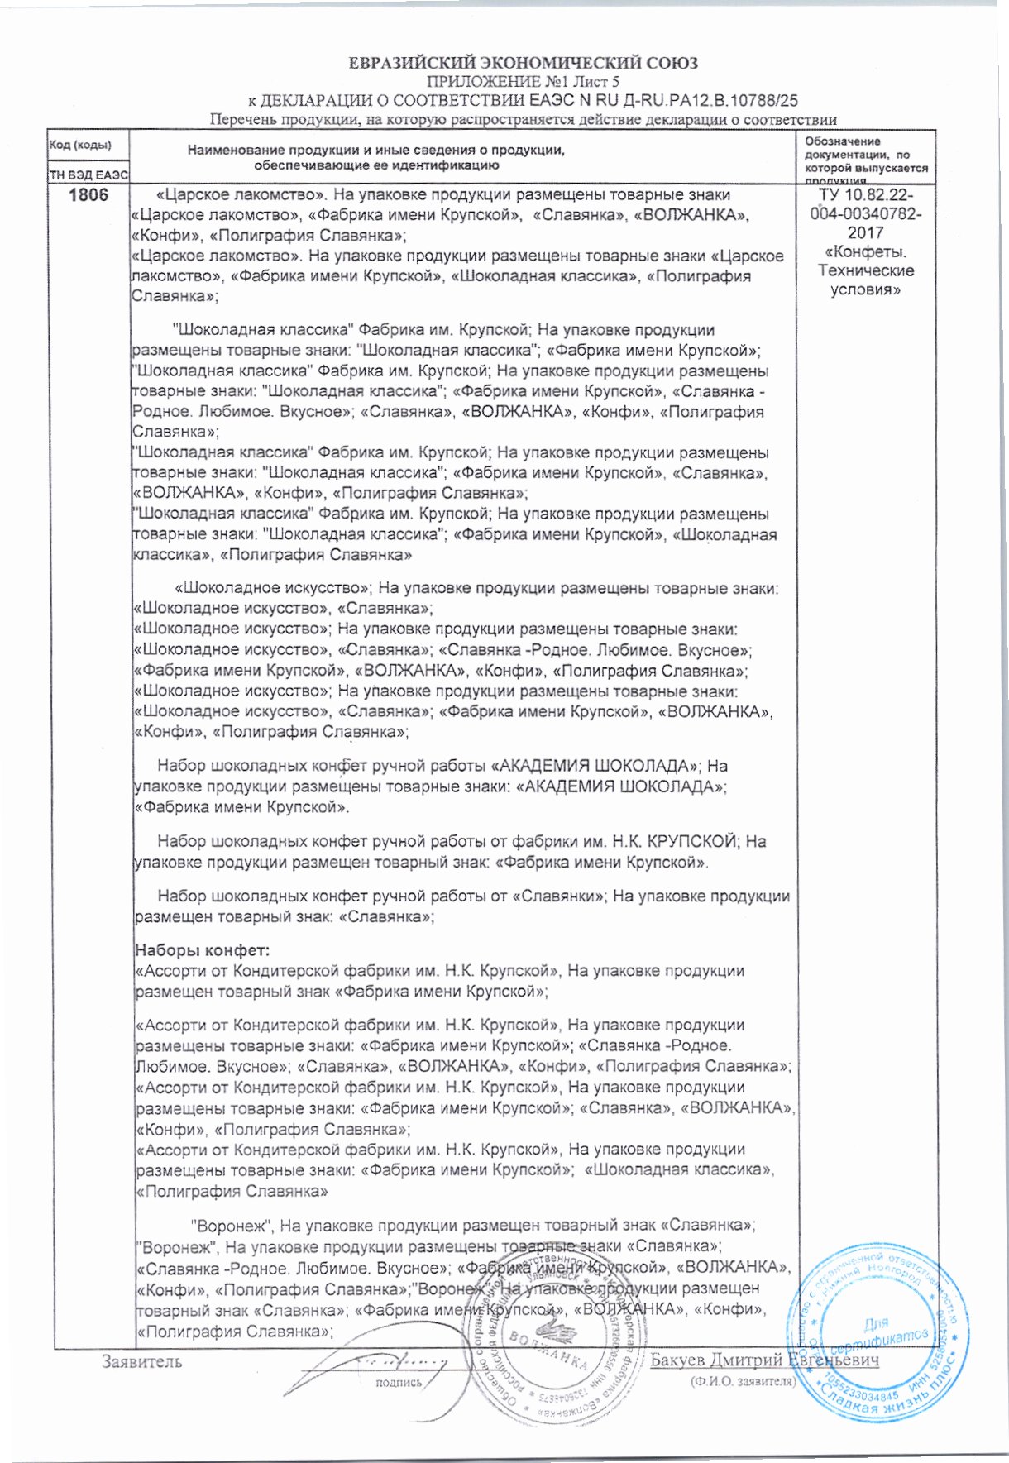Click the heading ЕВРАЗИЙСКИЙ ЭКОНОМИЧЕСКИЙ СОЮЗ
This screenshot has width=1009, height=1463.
[x=523, y=63]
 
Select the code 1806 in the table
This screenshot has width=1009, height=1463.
[x=89, y=196]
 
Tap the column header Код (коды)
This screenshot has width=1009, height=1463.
[x=80, y=145]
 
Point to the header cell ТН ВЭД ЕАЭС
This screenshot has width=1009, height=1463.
[x=89, y=175]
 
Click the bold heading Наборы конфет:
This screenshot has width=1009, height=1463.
[x=203, y=949]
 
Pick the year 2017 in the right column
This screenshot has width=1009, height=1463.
[x=865, y=233]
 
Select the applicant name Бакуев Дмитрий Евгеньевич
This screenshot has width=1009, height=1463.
[x=764, y=1360]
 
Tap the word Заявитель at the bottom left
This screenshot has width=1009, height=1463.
[x=141, y=1361]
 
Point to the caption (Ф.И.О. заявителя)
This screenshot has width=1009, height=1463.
[x=743, y=1381]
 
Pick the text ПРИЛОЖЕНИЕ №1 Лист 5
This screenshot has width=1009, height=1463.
[x=523, y=82]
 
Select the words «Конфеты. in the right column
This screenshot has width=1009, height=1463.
[x=864, y=252]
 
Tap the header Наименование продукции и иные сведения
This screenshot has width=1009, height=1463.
[x=376, y=151]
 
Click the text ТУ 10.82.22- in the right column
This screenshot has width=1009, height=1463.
[x=865, y=195]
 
